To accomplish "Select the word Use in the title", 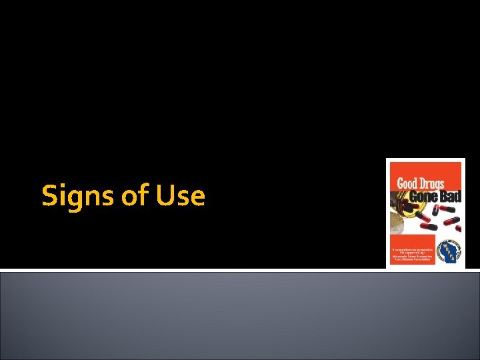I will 180,196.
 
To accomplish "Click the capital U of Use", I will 165,196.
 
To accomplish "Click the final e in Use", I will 197,198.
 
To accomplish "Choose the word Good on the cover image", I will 408,183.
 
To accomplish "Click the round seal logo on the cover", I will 449,248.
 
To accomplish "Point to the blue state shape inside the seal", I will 449,248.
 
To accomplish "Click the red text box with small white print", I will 412,249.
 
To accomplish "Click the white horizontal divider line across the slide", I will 240,270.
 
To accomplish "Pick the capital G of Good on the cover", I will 401,183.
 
